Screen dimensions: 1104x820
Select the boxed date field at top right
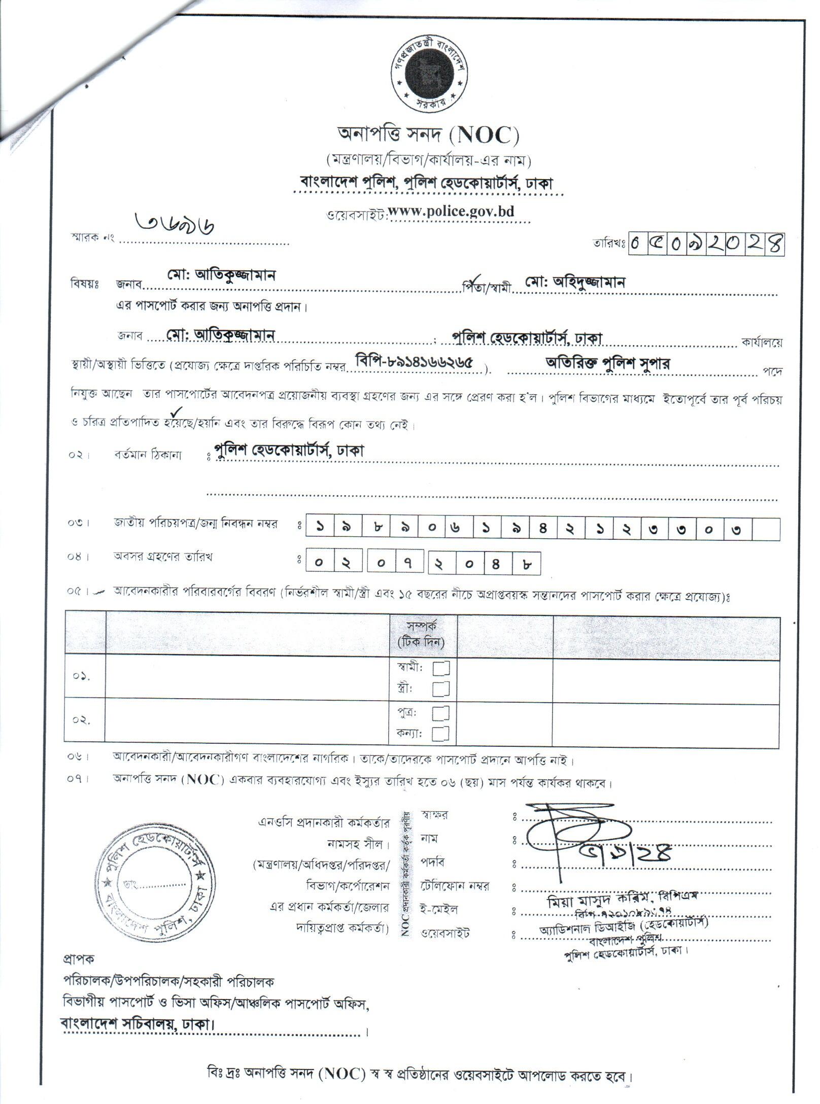706,244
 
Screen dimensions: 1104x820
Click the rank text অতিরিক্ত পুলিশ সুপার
607,363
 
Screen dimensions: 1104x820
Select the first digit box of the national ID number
321,529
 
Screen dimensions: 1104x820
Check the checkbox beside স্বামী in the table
440,669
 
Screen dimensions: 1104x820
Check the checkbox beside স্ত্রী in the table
440,688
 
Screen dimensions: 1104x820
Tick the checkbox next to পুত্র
440,714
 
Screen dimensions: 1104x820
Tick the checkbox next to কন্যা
440,733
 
